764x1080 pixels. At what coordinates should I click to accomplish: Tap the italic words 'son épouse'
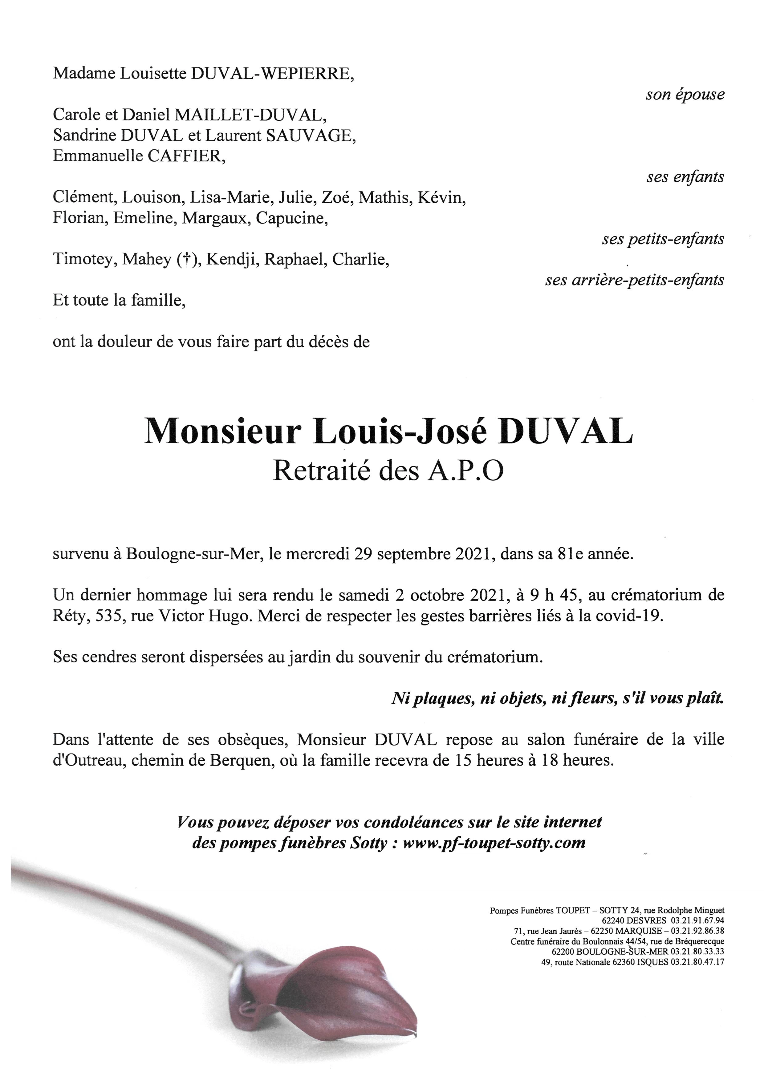click(685, 95)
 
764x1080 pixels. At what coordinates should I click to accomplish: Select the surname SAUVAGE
click(311, 136)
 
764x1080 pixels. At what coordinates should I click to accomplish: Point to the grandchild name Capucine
click(292, 219)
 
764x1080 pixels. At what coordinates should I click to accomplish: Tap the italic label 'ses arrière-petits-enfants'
click(634, 280)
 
